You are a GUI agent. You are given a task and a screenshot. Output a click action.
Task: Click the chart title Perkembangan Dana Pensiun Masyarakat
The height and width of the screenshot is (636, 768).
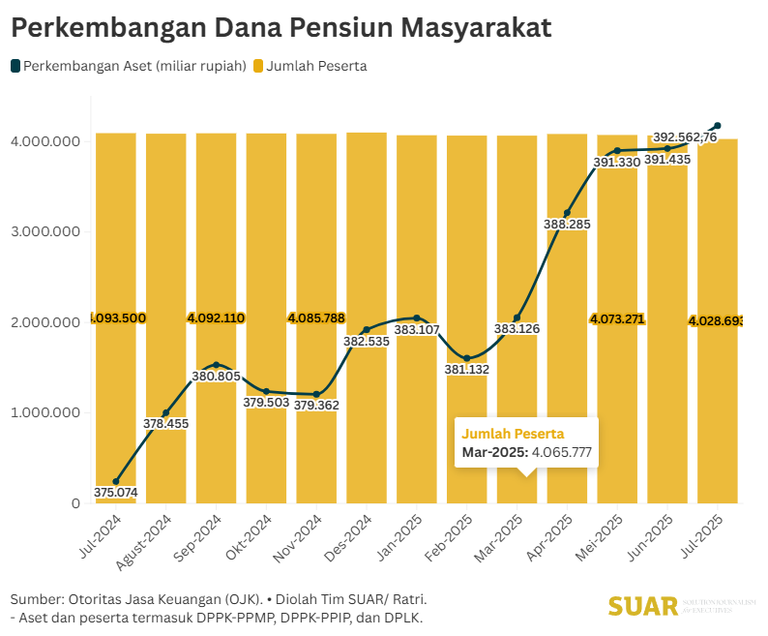[281, 28]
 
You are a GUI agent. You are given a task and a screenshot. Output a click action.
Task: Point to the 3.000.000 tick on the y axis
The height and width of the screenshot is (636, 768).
[45, 231]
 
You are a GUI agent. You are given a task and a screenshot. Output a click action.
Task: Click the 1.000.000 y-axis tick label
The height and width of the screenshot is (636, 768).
[45, 413]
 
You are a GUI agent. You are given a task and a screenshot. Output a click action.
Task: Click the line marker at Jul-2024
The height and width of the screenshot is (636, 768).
[116, 481]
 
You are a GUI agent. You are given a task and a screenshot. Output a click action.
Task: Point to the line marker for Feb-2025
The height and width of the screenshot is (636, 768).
[467, 358]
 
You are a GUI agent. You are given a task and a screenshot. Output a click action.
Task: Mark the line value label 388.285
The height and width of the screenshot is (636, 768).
[568, 225]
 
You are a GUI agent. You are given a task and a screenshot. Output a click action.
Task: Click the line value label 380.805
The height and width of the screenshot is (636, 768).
[217, 377]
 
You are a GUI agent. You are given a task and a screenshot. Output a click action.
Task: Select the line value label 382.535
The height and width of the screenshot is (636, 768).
[367, 341]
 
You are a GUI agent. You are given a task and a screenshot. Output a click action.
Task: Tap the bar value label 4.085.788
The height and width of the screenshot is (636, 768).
[316, 318]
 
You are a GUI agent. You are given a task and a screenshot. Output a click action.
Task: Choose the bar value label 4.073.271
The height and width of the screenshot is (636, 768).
[618, 318]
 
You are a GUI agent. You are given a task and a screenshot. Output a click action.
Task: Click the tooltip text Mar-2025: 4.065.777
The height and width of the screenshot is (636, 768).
[526, 452]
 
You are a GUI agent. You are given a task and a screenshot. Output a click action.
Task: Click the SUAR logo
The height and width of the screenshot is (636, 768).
[643, 606]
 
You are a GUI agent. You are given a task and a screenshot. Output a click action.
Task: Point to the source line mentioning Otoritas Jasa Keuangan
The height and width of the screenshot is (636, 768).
[219, 599]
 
